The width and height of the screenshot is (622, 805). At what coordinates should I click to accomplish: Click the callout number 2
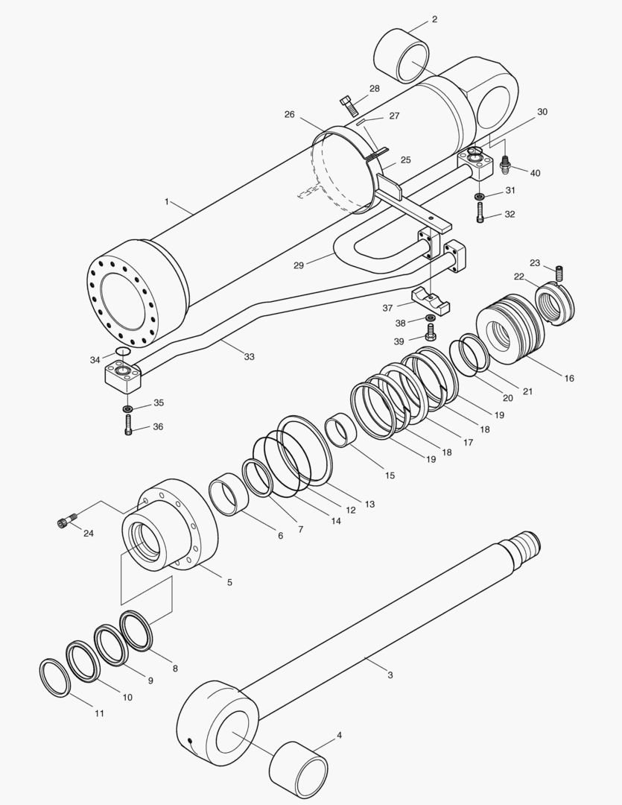coord(434,19)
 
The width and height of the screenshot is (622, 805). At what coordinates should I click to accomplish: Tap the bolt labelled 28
coord(349,104)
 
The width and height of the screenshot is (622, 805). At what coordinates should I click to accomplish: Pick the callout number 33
coord(249,357)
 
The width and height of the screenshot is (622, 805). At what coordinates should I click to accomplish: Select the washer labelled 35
coord(128,408)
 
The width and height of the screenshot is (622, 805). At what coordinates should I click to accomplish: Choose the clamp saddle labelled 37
coord(432,296)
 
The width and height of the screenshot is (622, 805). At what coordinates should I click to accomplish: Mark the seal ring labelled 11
coord(54,677)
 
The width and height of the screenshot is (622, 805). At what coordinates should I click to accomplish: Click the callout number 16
coord(569,379)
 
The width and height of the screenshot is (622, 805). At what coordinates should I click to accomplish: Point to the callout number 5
coord(229,581)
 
